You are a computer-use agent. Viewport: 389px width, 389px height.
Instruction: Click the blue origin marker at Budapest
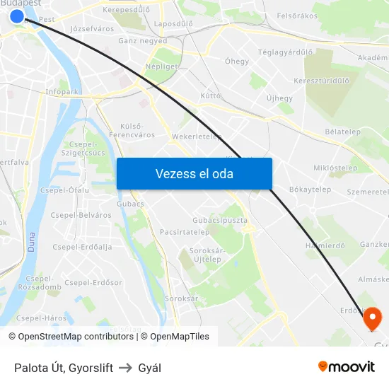tap(17, 15)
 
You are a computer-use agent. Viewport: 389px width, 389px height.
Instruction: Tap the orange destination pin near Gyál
tap(371, 319)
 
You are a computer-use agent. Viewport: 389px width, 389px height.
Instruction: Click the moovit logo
tap(347, 366)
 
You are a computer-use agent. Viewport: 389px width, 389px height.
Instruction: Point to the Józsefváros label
tap(93, 29)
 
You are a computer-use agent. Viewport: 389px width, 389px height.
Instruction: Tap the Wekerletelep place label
tap(197, 137)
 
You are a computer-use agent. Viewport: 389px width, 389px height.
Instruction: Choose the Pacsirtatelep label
tap(184, 231)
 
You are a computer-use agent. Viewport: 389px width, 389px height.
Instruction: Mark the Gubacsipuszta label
tap(219, 220)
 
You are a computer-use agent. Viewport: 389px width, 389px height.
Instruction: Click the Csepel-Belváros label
tap(81, 215)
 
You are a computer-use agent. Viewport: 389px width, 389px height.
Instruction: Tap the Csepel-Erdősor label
tap(93, 283)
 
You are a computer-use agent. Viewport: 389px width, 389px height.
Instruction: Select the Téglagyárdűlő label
tap(285, 52)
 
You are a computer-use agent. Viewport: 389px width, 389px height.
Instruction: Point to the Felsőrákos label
tap(297, 16)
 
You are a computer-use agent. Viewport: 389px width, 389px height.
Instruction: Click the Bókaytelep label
tap(310, 190)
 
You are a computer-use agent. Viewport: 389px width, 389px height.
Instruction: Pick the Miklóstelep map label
tap(335, 168)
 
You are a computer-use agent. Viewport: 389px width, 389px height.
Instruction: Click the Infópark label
tap(62, 91)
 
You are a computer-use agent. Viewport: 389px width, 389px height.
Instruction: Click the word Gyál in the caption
tap(150, 368)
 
